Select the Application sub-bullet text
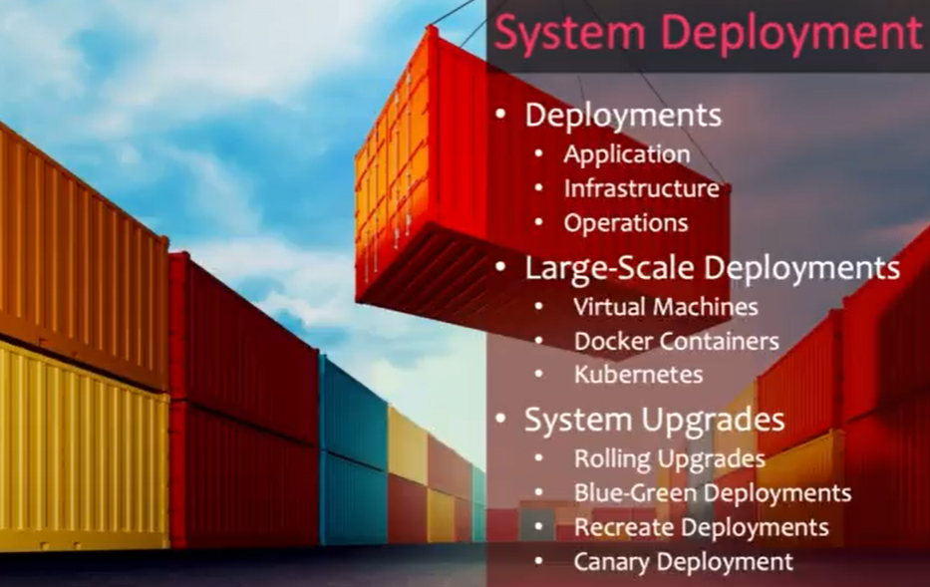(626, 154)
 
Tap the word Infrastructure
(641, 188)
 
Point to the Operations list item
(625, 223)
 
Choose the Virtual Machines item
(665, 307)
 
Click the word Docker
(611, 341)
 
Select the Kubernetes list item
(638, 375)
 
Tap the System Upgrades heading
(654, 420)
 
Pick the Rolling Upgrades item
(669, 459)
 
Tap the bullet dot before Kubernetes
(539, 375)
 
